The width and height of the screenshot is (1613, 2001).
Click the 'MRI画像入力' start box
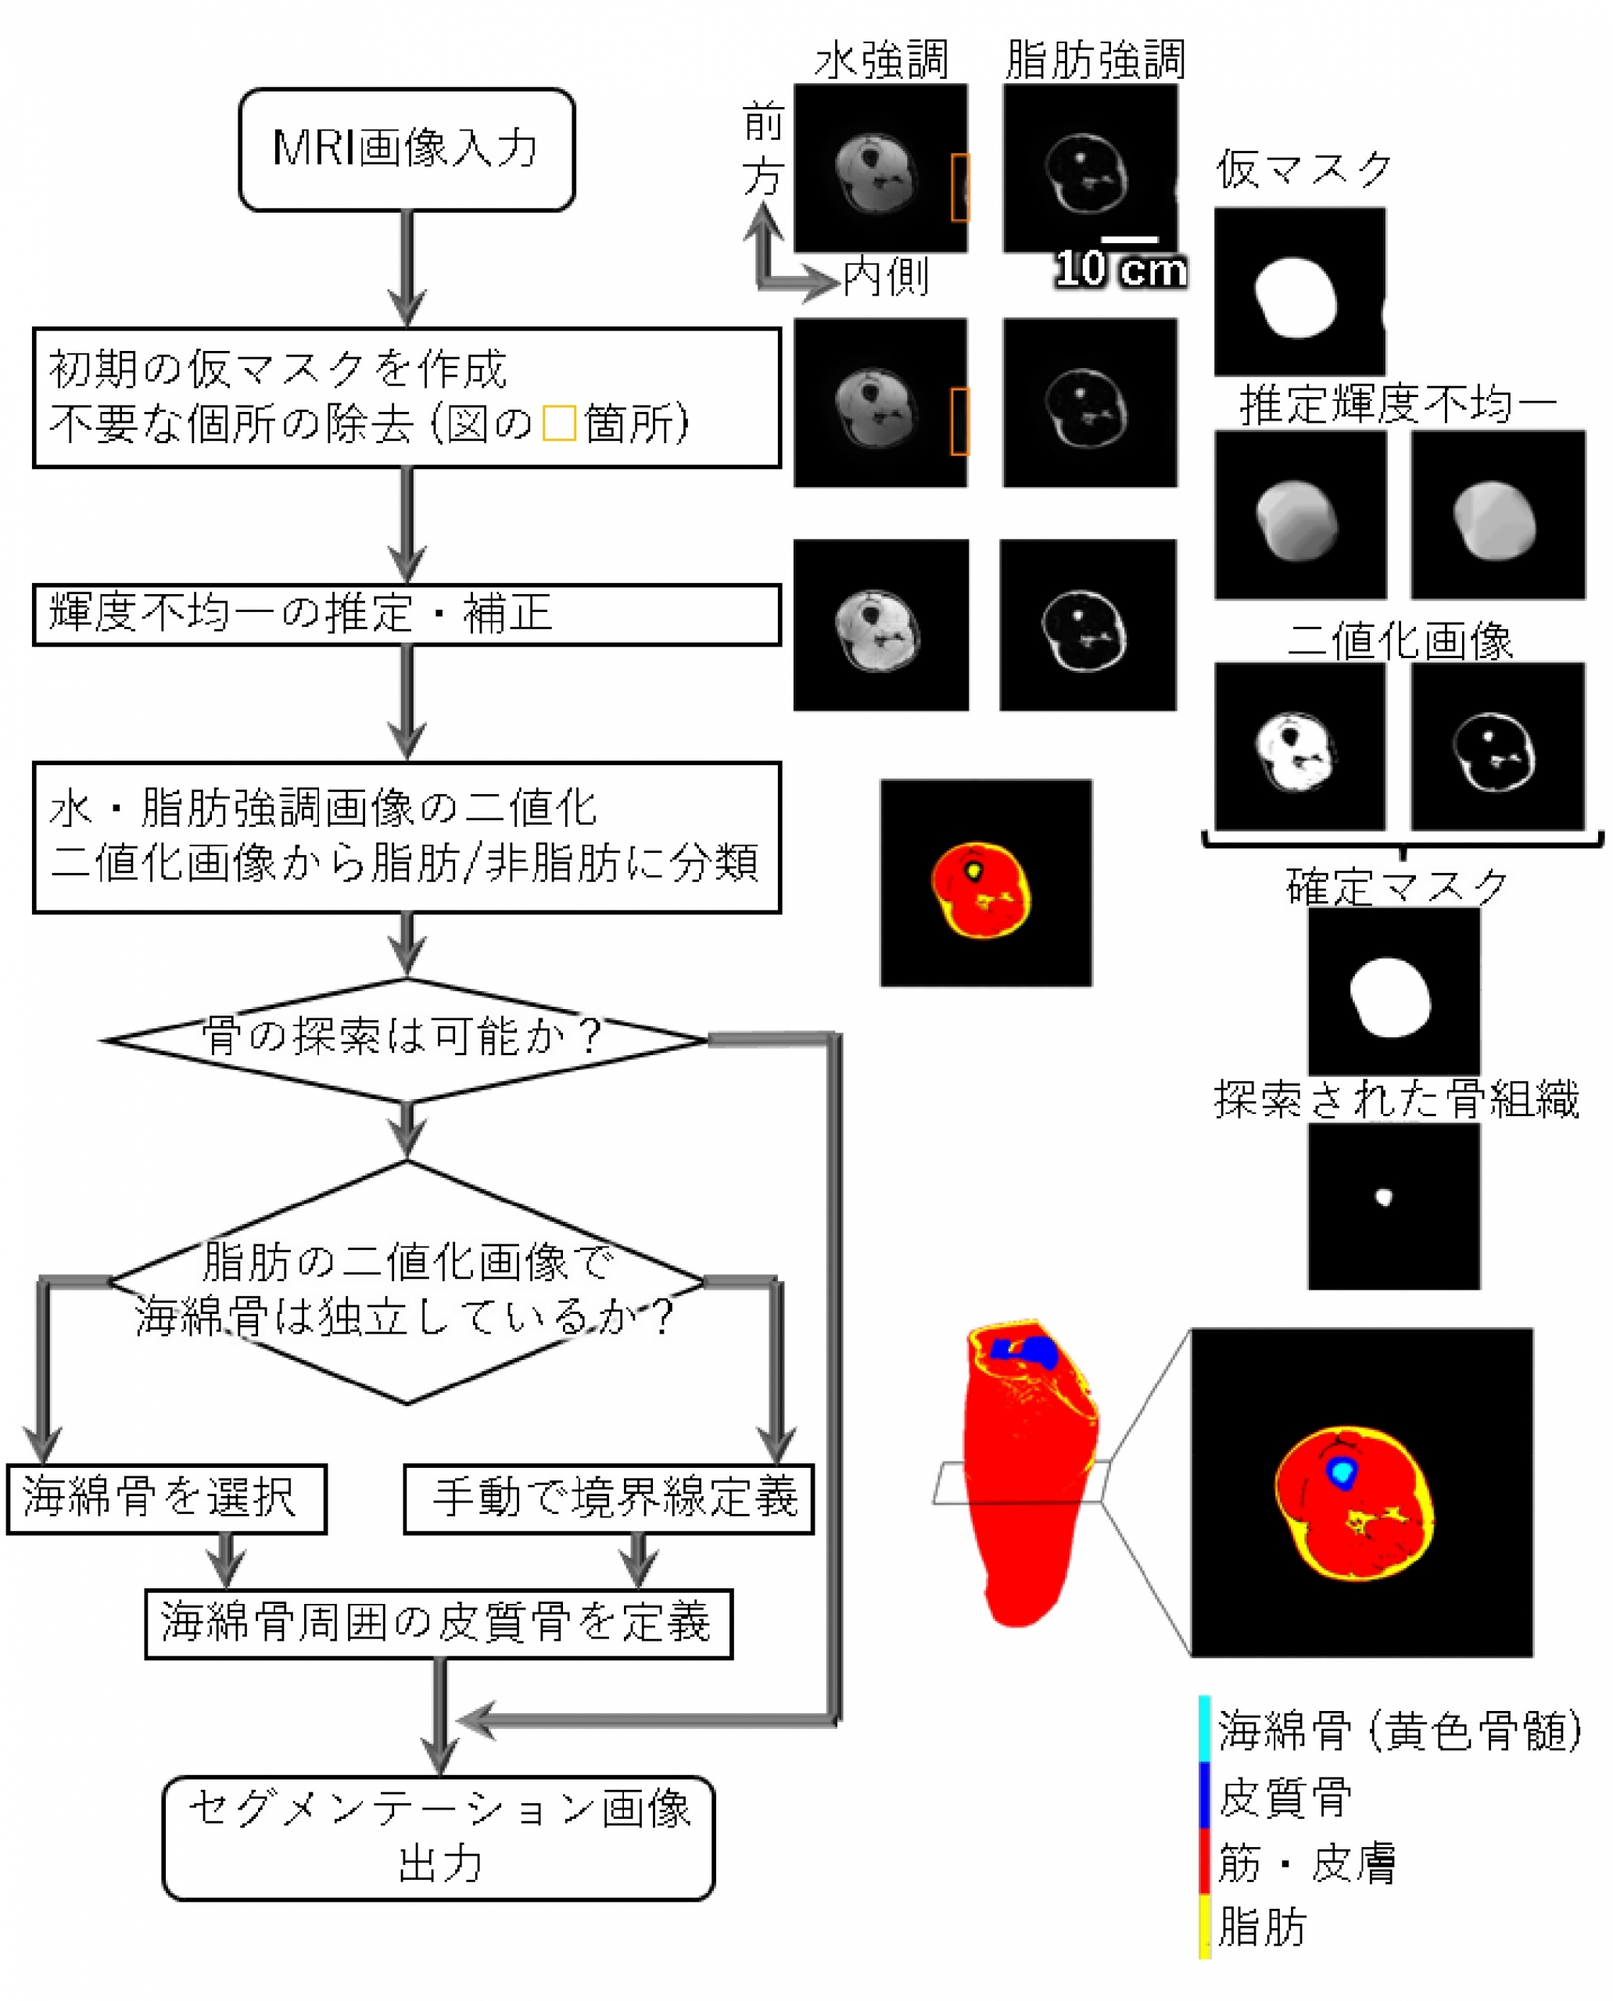pos(407,149)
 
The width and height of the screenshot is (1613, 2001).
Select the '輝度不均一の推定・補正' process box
pos(407,614)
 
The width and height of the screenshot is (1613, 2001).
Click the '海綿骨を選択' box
pos(167,1498)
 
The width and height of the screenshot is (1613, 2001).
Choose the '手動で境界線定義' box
pos(608,1498)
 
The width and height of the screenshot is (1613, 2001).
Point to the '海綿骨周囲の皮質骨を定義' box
pos(439,1623)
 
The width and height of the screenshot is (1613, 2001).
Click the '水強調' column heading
pos(881,60)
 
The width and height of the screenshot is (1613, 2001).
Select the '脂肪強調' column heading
pos(1095,60)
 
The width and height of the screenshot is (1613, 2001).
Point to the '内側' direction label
pos(886,277)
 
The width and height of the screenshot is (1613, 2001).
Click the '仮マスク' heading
pos(1303,170)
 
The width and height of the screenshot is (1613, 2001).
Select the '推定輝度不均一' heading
pos(1398,405)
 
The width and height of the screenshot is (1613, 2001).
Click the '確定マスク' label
pos(1396,886)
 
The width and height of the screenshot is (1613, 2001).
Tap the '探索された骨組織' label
pos(1396,1099)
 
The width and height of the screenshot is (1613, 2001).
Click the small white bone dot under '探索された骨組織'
pos(1383,1197)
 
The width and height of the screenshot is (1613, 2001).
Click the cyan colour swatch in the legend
pos(1204,1729)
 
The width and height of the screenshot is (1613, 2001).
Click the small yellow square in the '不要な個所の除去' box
pos(558,424)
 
